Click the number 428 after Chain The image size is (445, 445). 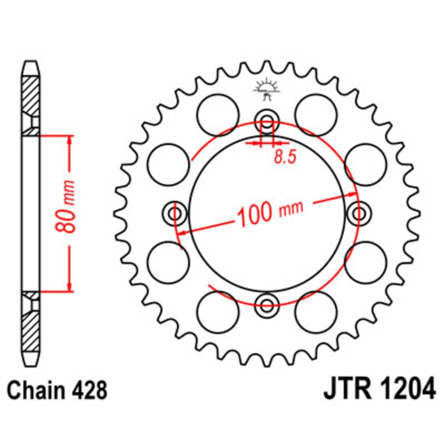89,391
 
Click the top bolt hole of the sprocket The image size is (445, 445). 266,123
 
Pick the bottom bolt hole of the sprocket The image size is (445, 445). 266,304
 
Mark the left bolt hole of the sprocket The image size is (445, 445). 176,213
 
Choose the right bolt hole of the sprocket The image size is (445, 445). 358,213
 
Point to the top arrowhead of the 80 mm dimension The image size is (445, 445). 69,139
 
